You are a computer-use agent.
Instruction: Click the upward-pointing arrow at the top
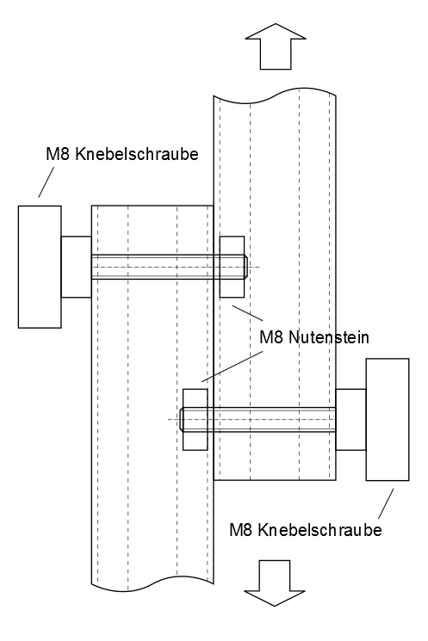(276, 46)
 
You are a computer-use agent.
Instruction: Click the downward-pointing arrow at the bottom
(275, 583)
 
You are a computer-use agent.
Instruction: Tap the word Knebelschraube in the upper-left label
(137, 155)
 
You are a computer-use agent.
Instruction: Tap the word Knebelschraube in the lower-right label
(320, 530)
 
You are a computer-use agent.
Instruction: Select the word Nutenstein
(329, 337)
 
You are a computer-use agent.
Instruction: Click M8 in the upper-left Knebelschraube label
(58, 155)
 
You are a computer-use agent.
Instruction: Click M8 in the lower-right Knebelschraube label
(241, 530)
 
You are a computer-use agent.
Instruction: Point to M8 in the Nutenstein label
(271, 337)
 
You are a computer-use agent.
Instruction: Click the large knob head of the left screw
(40, 267)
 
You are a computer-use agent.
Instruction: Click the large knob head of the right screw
(388, 419)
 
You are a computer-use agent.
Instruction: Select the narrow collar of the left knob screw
(76, 267)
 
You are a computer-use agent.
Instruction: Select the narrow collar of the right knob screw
(350, 419)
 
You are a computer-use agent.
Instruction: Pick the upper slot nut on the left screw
(232, 267)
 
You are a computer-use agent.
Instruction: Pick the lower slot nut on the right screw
(195, 419)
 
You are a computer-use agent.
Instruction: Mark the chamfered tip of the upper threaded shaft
(246, 267)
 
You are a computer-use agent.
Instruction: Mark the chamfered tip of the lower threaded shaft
(181, 419)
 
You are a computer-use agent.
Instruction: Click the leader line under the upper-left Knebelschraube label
(47, 182)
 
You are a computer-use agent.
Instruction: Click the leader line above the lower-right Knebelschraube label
(386, 503)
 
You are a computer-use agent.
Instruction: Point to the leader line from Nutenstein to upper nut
(247, 312)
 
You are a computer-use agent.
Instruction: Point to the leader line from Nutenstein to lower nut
(232, 367)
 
